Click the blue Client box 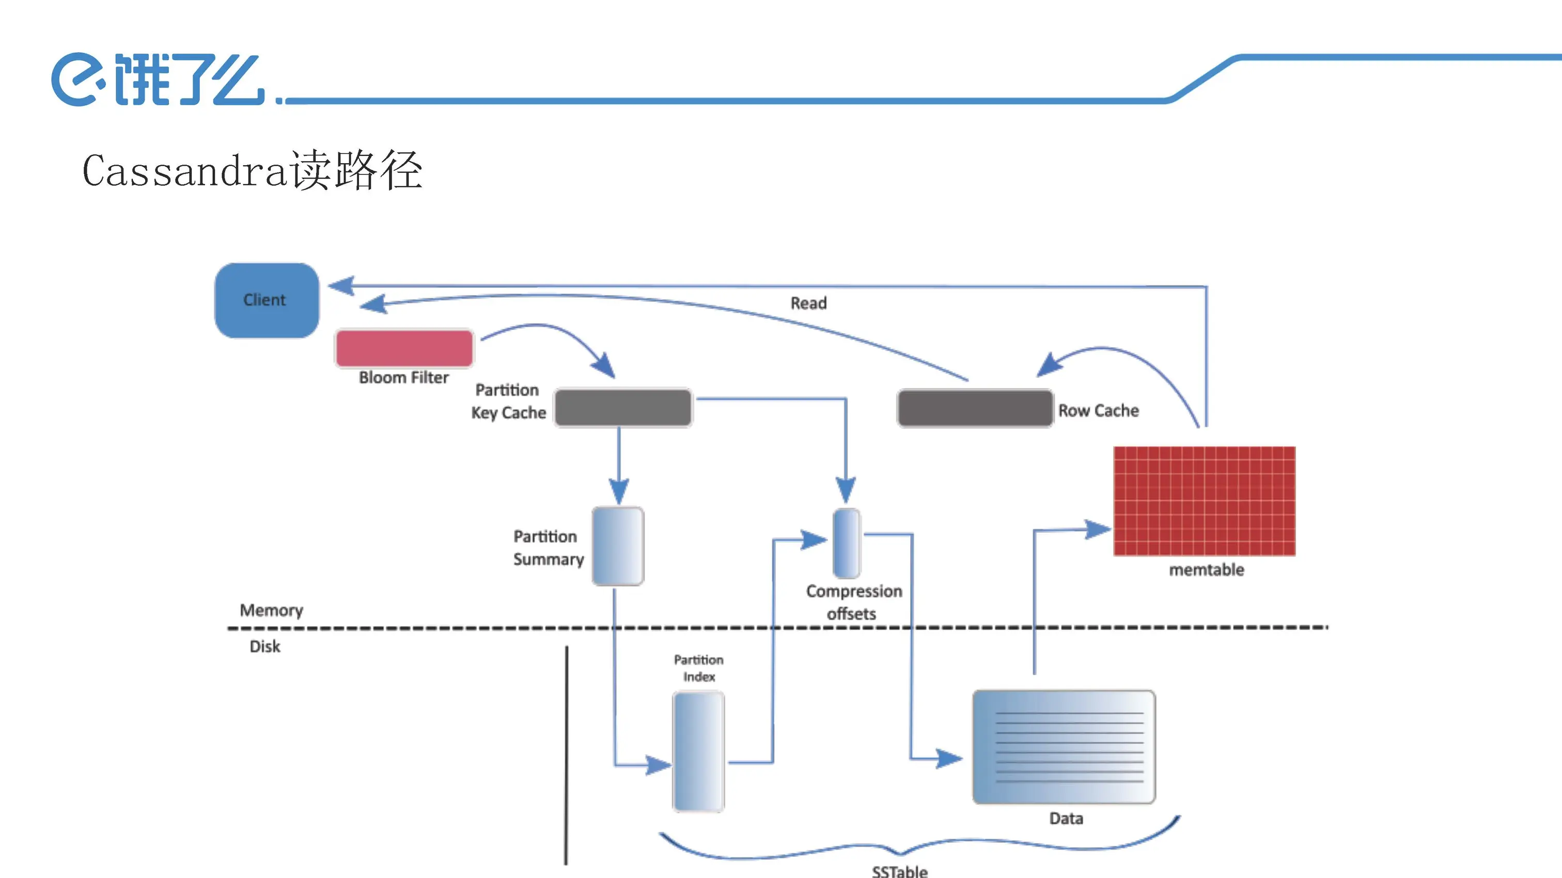tap(267, 300)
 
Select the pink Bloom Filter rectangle tap(404, 348)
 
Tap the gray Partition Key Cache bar tap(623, 408)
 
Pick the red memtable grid tap(1204, 501)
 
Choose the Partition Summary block tap(618, 547)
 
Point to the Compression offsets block tap(847, 544)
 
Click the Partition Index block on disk tap(698, 752)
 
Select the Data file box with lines tap(1064, 747)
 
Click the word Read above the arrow tap(808, 303)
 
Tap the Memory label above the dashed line tap(271, 610)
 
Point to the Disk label tap(265, 647)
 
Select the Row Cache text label tap(1098, 411)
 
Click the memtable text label tap(1206, 570)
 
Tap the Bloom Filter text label tap(404, 377)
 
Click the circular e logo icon tap(74, 79)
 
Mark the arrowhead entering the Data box tap(950, 758)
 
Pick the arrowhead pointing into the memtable tap(1098, 529)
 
